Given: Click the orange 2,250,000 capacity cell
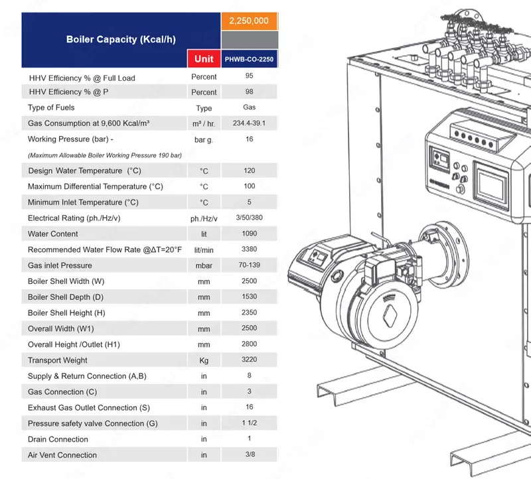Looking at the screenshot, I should pyautogui.click(x=249, y=21).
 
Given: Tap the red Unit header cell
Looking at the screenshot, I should pyautogui.click(x=204, y=58).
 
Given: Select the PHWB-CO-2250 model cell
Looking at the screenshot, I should pyautogui.click(x=249, y=59).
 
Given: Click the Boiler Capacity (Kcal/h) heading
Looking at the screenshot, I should pyautogui.click(x=121, y=39).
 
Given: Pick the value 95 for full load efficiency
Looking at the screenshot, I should pyautogui.click(x=249, y=76).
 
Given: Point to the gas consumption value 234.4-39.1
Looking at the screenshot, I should pyautogui.click(x=249, y=123).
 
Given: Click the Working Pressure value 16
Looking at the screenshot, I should pyautogui.click(x=249, y=139).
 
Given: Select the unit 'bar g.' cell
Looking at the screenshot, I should pyautogui.click(x=204, y=140).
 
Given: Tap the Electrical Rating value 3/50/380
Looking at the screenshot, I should pyautogui.click(x=249, y=218).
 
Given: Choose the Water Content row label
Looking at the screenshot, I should pyautogui.click(x=53, y=234).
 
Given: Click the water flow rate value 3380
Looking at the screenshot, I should pyautogui.click(x=249, y=249).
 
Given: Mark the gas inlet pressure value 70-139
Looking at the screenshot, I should pyautogui.click(x=249, y=265).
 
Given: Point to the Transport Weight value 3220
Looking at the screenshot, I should pyautogui.click(x=249, y=360).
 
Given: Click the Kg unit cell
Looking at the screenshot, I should pyautogui.click(x=204, y=361).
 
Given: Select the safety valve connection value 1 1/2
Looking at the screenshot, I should pyautogui.click(x=249, y=423).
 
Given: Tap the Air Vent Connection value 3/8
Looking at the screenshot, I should pyautogui.click(x=249, y=454).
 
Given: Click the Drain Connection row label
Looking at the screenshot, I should pyautogui.click(x=58, y=439).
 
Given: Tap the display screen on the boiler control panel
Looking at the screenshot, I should pyautogui.click(x=492, y=185).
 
